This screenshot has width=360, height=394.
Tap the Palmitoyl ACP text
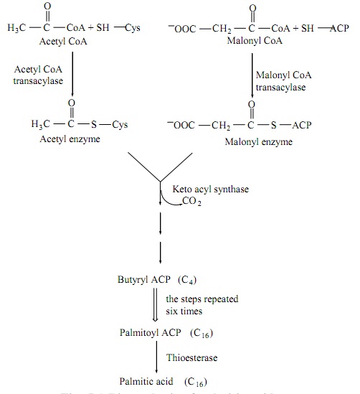tap(148, 333)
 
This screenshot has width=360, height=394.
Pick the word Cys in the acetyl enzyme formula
tap(120, 125)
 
